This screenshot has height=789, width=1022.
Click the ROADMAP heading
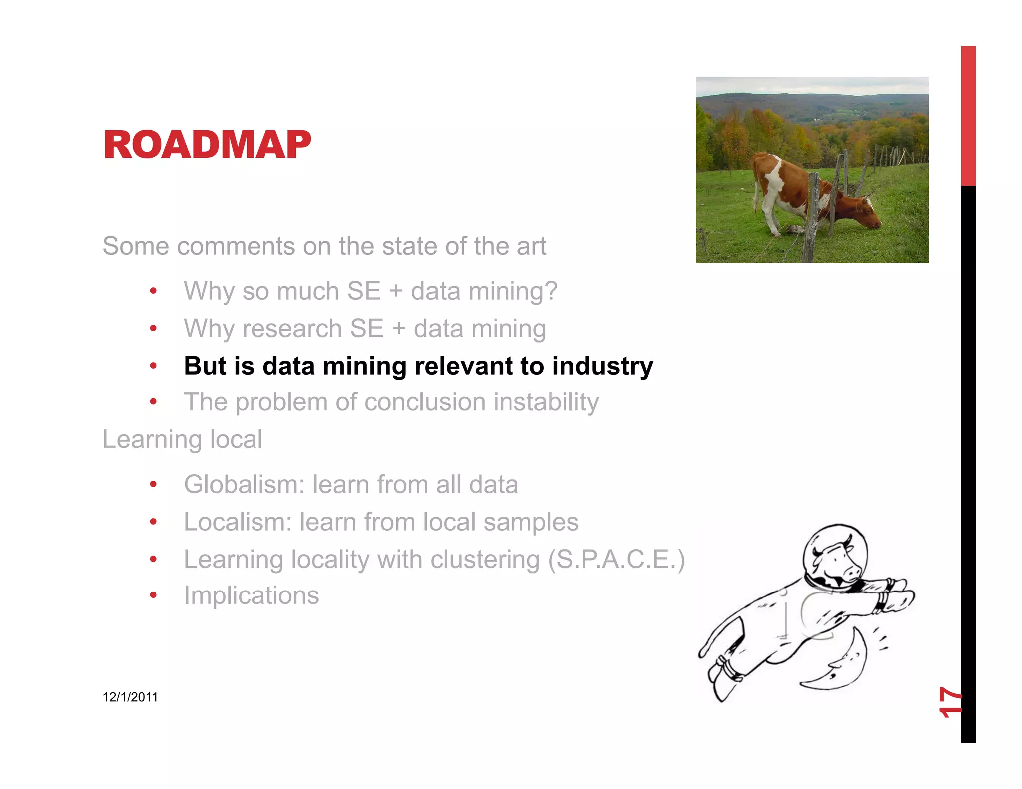tap(207, 145)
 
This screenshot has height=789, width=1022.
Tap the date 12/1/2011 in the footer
tap(130, 697)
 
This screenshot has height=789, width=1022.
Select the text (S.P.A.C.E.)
tap(616, 559)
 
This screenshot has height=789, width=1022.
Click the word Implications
tap(251, 595)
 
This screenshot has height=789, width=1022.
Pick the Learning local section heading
tap(182, 439)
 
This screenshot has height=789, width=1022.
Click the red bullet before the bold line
tap(153, 366)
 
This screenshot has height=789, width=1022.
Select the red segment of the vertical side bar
tap(968, 116)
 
